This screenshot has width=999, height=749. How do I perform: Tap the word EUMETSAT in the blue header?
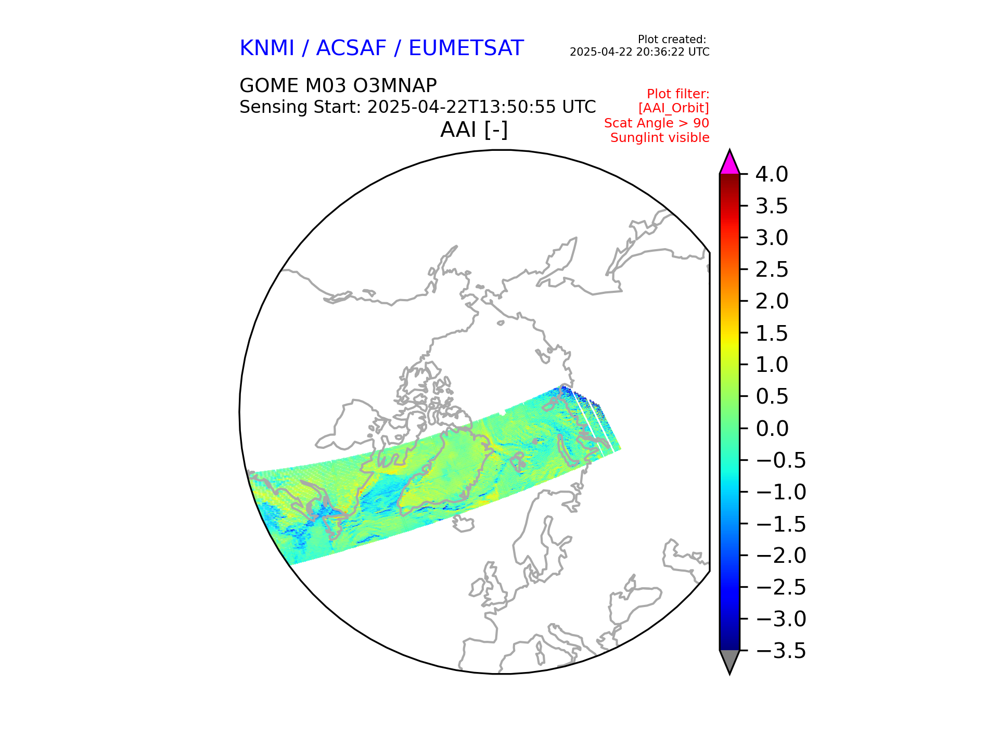point(466,48)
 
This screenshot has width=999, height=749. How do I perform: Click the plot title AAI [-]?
point(473,130)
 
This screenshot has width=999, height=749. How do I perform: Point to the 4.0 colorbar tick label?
point(772,174)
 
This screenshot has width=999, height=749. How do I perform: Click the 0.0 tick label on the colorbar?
point(772,429)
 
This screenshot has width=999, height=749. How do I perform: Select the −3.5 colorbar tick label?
point(780,651)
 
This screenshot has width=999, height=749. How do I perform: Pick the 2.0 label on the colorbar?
point(772,301)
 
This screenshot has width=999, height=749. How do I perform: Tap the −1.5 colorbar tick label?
point(780,524)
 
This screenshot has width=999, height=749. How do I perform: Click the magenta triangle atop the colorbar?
point(729,163)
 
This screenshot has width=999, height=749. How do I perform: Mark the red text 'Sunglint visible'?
point(660,138)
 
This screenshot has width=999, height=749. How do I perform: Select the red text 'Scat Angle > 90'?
point(657,123)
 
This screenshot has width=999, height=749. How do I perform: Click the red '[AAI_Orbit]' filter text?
point(673,108)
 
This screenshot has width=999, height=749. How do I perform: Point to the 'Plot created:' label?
point(672,40)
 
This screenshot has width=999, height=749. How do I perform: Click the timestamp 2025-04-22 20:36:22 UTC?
point(639,52)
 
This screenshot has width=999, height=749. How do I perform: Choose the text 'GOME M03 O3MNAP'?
point(338,85)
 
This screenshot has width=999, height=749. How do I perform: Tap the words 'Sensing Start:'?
point(300,107)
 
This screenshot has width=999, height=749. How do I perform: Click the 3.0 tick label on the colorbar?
point(772,238)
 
